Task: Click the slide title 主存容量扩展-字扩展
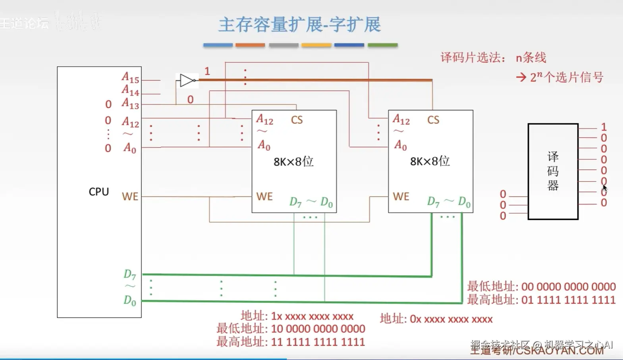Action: (300, 25)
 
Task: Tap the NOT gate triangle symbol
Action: (186, 80)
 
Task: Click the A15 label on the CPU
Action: (130, 77)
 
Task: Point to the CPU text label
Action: (98, 192)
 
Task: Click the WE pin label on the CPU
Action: (130, 196)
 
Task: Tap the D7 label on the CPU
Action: (129, 274)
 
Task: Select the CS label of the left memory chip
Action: (297, 120)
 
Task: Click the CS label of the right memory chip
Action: (433, 120)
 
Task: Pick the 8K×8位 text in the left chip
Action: (293, 162)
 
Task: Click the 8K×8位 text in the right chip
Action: (430, 161)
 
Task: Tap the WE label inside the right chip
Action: (401, 196)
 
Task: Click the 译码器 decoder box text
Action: (553, 171)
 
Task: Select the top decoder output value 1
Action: (604, 127)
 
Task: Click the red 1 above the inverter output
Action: (207, 71)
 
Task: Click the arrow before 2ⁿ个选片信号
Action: (521, 77)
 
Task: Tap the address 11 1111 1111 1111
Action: (318, 342)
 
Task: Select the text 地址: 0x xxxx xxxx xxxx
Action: (436, 319)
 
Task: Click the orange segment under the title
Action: (250, 45)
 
